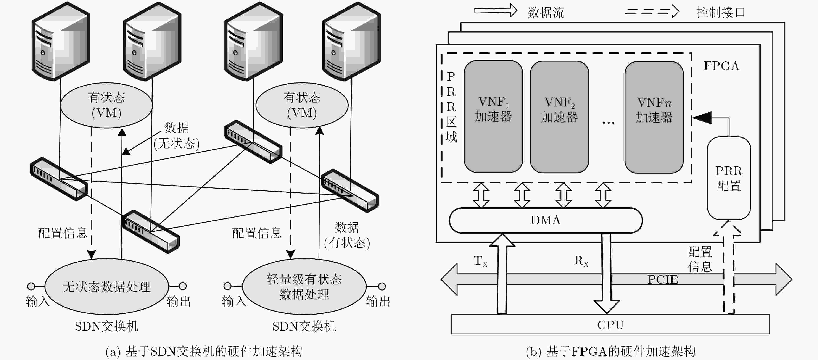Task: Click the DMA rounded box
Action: [546, 220]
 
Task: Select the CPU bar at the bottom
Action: [610, 324]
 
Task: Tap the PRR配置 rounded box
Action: [729, 178]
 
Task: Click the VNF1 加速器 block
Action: [493, 116]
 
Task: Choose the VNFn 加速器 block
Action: [654, 117]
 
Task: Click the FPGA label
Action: [721, 66]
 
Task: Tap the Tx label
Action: [480, 261]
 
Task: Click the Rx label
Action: [581, 261]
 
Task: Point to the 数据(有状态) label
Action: [347, 235]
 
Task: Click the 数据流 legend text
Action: [546, 12]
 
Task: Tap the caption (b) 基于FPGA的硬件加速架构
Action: [610, 351]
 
